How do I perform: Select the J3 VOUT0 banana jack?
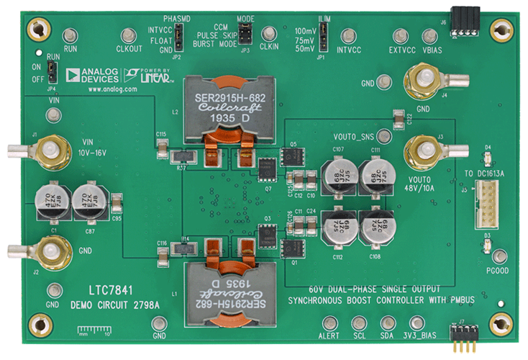click(424, 150)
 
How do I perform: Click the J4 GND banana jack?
click(424, 79)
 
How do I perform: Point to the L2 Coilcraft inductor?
click(221, 107)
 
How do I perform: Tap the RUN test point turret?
click(70, 36)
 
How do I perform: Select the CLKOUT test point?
click(129, 36)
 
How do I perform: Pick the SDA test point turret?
click(388, 323)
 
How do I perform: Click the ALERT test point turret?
click(330, 323)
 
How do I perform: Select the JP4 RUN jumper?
click(51, 70)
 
